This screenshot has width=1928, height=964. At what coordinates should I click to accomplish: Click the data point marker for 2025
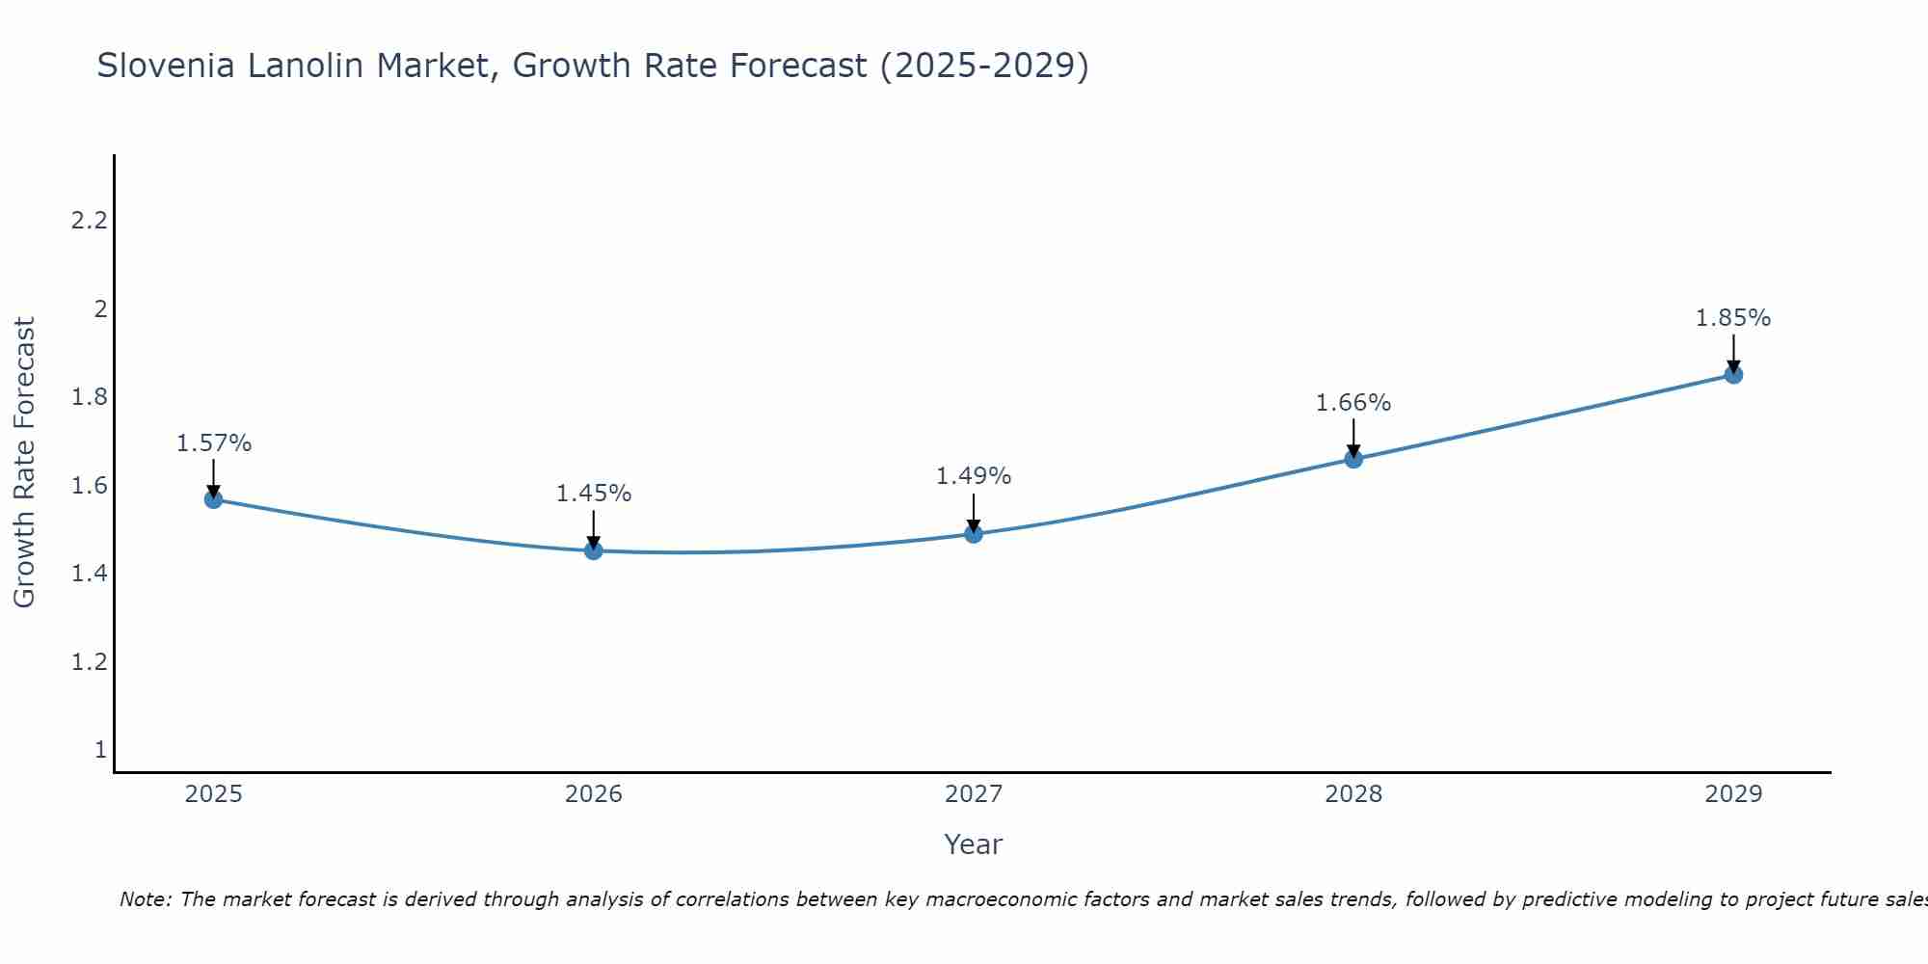[214, 499]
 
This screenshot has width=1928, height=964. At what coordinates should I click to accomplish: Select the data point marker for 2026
[594, 550]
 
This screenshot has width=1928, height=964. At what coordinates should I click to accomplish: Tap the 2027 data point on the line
[974, 534]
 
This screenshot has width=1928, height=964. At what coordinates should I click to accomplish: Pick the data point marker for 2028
[1353, 459]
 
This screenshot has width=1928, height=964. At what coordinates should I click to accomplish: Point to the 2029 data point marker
[1733, 375]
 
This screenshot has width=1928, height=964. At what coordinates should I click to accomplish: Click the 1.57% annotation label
[214, 443]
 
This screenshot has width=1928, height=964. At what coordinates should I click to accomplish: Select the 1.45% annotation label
[594, 494]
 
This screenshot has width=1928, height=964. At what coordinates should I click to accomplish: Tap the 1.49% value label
[974, 476]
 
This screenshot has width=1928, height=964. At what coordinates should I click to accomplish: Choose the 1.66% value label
[1353, 403]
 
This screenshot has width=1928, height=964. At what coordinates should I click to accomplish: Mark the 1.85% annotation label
[1733, 318]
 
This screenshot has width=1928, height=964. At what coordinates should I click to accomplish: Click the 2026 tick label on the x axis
[594, 794]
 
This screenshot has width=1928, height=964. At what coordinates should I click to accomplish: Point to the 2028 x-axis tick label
[1353, 794]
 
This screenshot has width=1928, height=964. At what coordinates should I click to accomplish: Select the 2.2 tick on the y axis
[89, 221]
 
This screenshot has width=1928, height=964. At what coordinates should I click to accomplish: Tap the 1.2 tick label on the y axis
[89, 662]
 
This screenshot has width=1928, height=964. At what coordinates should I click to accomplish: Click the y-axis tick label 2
[100, 309]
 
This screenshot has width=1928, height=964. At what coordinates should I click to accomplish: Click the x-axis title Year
[974, 844]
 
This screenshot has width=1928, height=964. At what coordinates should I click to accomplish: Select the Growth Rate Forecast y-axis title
[24, 463]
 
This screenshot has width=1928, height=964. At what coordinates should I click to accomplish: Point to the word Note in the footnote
[145, 899]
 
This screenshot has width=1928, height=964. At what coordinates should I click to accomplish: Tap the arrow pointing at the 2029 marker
[1733, 353]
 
